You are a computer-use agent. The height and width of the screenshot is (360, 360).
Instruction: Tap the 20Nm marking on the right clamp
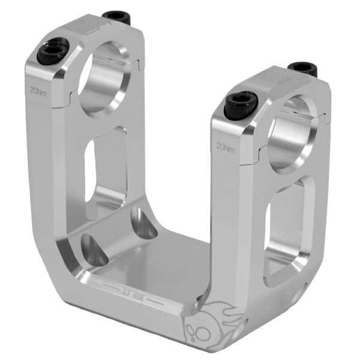(x=226, y=146)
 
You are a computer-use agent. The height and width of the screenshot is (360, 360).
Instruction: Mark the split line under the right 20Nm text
(x=231, y=158)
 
